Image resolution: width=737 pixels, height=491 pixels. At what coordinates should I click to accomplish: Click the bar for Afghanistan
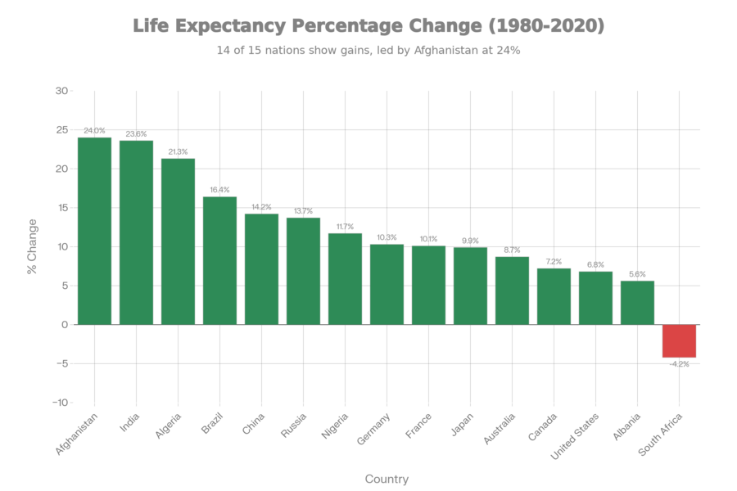[x=94, y=231]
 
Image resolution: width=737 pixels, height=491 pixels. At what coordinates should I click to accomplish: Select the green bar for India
[x=136, y=232]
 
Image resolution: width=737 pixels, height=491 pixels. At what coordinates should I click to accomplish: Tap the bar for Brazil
[x=219, y=260]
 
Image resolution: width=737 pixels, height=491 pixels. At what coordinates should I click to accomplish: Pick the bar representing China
[x=261, y=269]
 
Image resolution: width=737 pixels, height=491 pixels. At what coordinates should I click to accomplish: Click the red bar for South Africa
[x=679, y=341]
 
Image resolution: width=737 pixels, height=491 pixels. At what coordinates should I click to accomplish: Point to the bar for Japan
[x=470, y=286]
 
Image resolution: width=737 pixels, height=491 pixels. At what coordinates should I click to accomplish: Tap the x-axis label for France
[x=415, y=426]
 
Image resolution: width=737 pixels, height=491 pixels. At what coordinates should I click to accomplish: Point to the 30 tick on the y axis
[x=61, y=90]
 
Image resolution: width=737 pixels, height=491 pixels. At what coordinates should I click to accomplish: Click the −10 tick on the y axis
[x=59, y=403]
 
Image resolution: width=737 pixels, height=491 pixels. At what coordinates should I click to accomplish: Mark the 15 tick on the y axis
[x=61, y=208]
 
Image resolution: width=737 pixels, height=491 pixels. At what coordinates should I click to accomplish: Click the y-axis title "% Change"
[x=32, y=245]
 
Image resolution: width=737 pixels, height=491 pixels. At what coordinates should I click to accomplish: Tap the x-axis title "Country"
[x=387, y=479]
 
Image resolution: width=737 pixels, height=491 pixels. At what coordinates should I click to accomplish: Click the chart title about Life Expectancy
[x=368, y=26]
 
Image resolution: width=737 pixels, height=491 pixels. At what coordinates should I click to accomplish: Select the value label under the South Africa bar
[x=680, y=364]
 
